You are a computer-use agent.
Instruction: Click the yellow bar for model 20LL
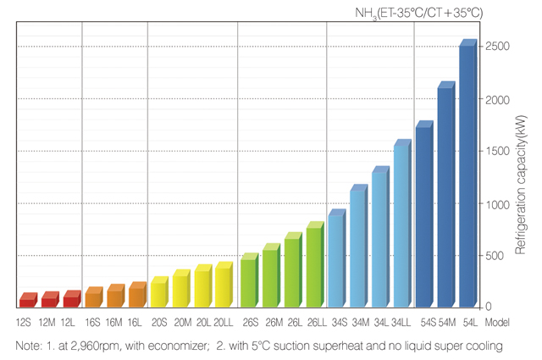pyautogui.click(x=223, y=287)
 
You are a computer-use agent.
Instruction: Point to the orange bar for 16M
pyautogui.click(x=116, y=296)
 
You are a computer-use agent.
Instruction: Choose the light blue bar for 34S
pyautogui.click(x=335, y=261)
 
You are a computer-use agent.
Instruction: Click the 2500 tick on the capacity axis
pyautogui.click(x=497, y=47)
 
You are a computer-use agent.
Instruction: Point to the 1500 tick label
pyautogui.click(x=497, y=151)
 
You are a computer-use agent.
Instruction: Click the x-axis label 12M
pyautogui.click(x=47, y=323)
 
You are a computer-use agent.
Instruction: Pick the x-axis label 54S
pyautogui.click(x=425, y=323)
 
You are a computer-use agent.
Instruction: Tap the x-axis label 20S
pyautogui.click(x=159, y=323)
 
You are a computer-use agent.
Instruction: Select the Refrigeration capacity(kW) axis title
pyautogui.click(x=523, y=182)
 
